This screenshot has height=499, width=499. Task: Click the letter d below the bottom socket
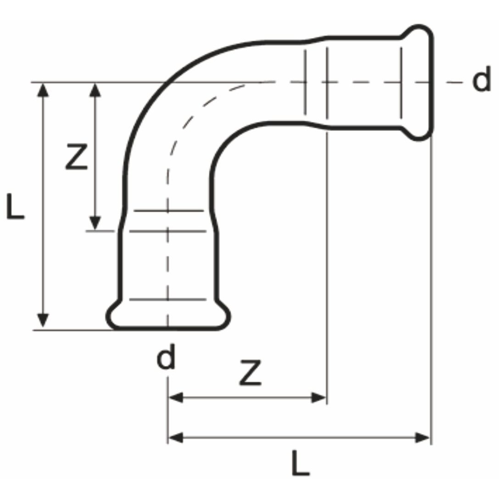click(x=166, y=356)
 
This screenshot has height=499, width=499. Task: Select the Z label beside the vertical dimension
click(x=76, y=157)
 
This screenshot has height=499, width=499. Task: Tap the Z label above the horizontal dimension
click(x=251, y=372)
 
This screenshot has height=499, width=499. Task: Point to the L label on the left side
click(x=16, y=206)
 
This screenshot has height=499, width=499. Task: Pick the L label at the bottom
click(x=301, y=463)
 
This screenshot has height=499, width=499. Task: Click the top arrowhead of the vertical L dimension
click(x=43, y=90)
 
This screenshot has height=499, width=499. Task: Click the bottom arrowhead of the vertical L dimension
click(x=43, y=320)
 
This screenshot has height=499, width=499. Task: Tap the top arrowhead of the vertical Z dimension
click(x=95, y=90)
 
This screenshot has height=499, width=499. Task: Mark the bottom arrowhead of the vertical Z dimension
click(x=95, y=223)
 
